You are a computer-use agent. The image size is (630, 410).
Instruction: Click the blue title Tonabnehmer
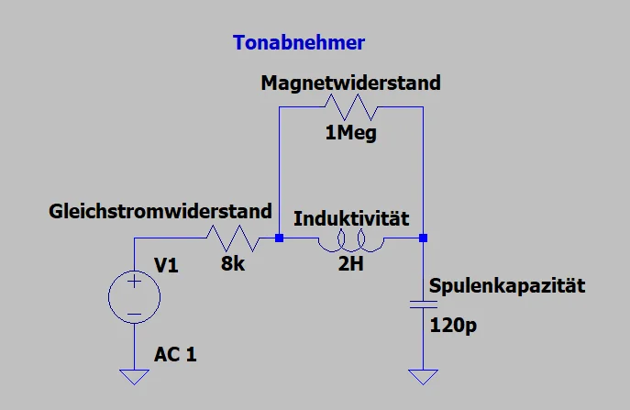point(299,43)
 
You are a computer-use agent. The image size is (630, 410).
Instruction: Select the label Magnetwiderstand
point(350,83)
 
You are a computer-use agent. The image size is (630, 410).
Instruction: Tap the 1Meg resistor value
point(351,134)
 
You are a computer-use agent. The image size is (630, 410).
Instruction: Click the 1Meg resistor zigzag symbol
point(351,108)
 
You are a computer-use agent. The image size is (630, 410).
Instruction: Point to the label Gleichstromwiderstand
point(160,211)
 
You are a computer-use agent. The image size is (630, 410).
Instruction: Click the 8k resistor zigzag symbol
point(232,239)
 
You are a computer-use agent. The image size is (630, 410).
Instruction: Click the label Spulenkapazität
point(505,287)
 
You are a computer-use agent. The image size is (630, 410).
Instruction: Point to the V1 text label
point(168,266)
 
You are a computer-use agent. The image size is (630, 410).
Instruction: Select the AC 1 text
point(175,354)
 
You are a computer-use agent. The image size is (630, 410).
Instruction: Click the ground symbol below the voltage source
point(134,375)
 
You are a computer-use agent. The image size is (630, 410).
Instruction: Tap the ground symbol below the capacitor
point(423,375)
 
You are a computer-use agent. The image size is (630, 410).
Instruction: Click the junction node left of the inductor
point(279,239)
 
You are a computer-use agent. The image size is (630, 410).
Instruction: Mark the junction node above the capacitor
point(423,239)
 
